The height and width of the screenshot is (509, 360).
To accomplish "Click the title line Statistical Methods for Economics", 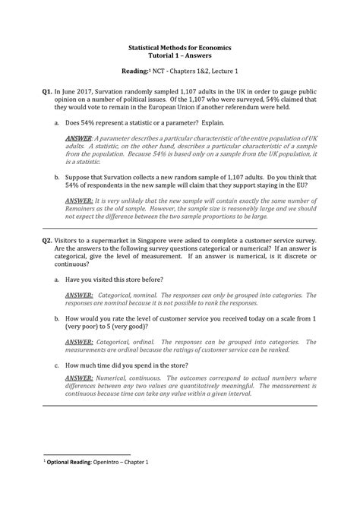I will [x=180, y=47].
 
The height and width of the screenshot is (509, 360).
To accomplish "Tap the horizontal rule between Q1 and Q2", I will [x=180, y=227].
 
